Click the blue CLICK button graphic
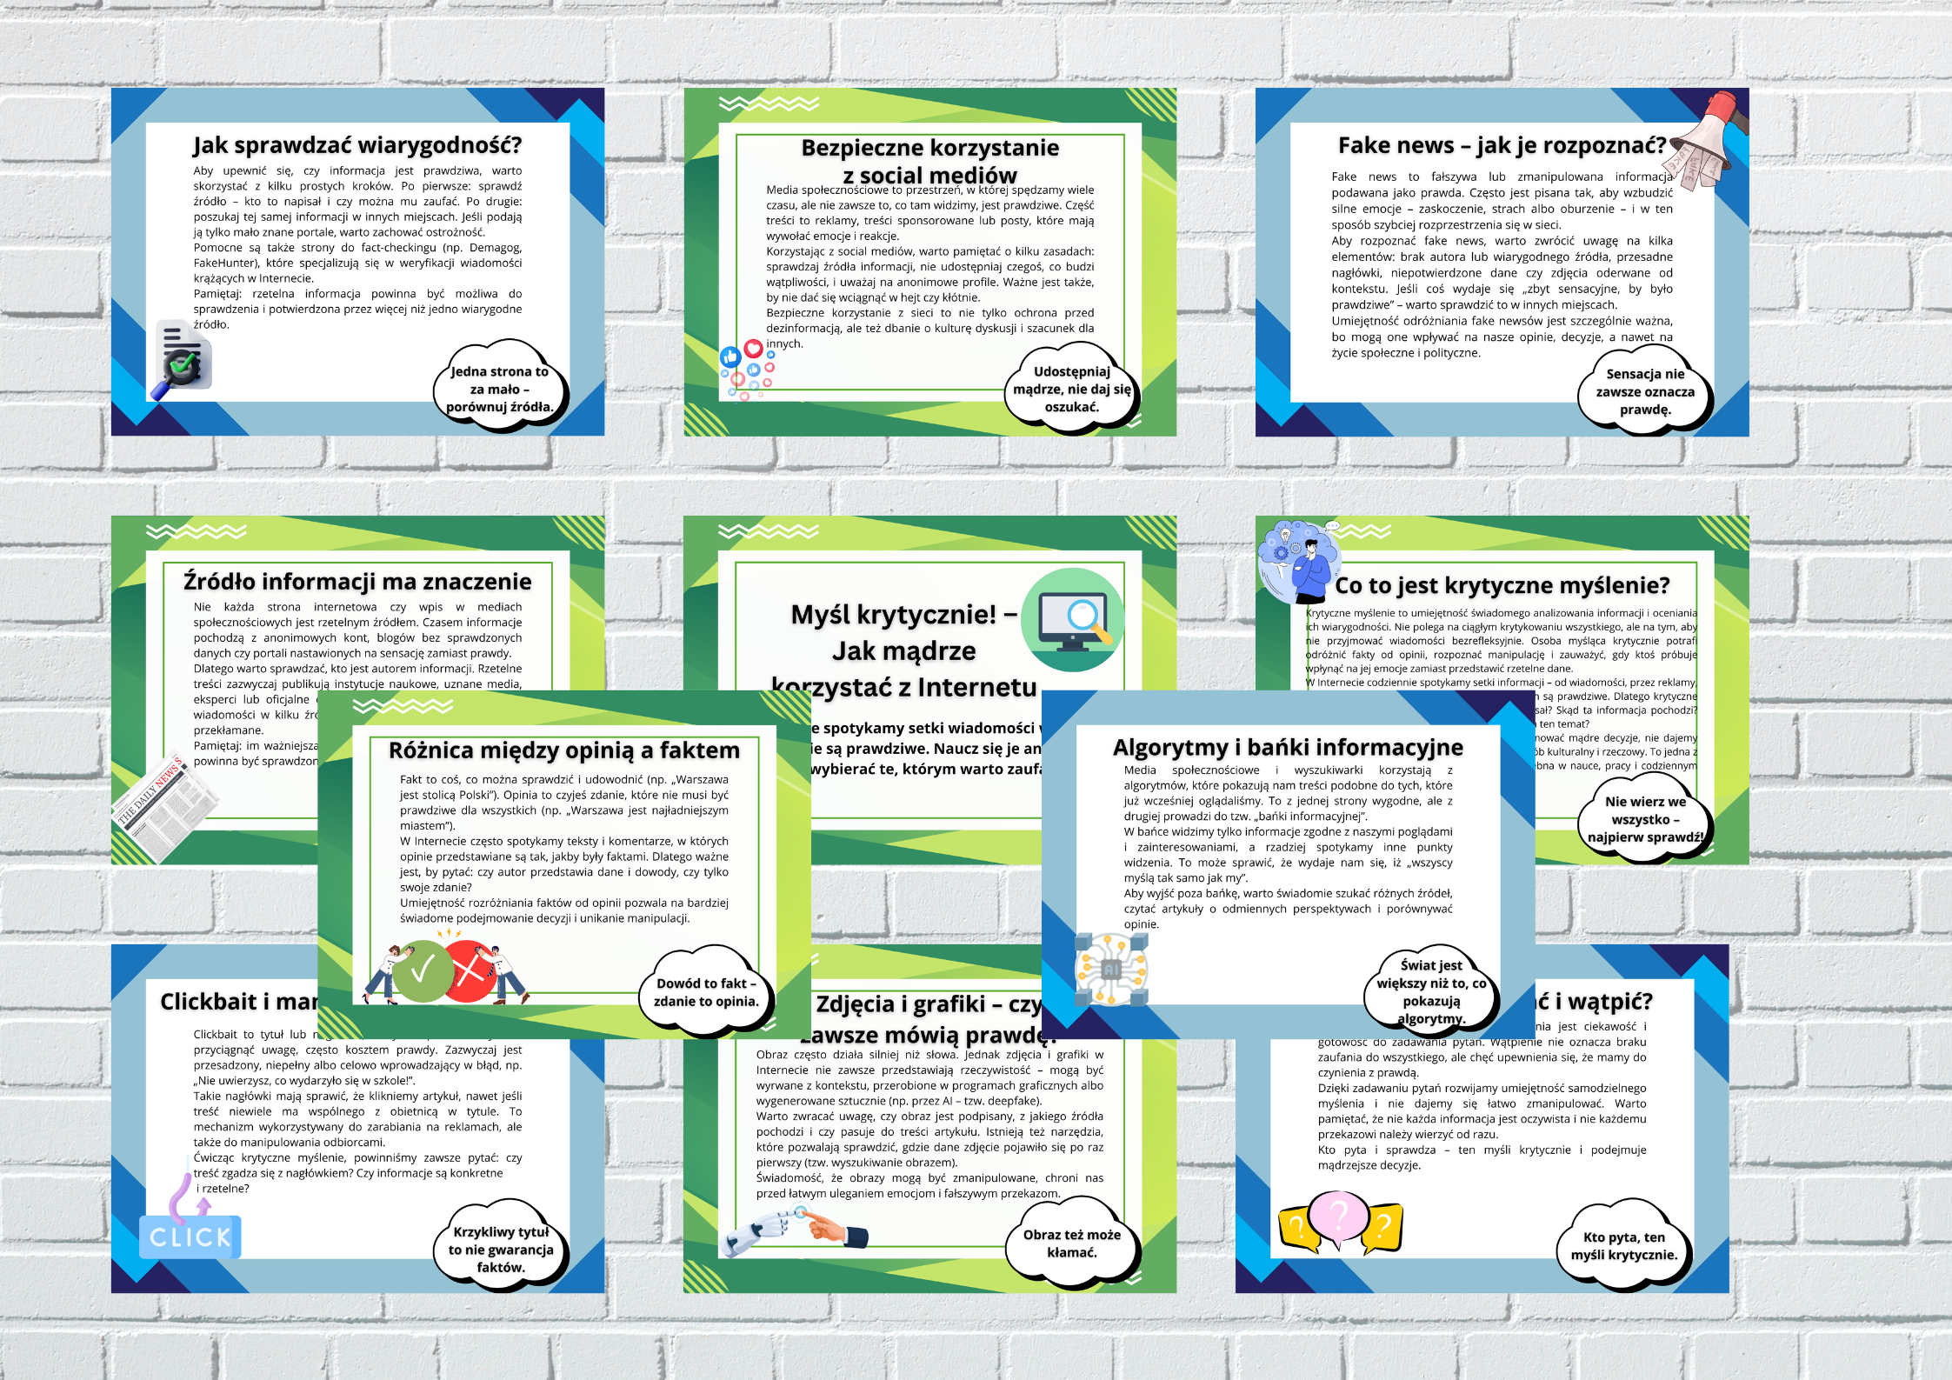pyautogui.click(x=190, y=1237)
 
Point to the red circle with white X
pyautogui.click(x=470, y=970)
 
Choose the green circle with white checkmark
pyautogui.click(x=423, y=970)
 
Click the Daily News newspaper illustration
pyautogui.click(x=165, y=804)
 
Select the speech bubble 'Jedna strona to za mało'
pyautogui.click(x=499, y=389)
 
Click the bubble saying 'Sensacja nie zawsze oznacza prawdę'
pyautogui.click(x=1644, y=391)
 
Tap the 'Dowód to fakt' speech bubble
pyautogui.click(x=705, y=992)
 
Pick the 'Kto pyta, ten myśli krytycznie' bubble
pyautogui.click(x=1622, y=1245)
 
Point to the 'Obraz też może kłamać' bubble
pyautogui.click(x=1071, y=1243)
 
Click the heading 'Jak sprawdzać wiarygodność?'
pyautogui.click(x=357, y=144)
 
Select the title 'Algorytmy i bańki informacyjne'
pyautogui.click(x=1288, y=747)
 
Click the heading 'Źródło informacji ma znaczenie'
pyautogui.click(x=357, y=581)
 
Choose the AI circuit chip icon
pyautogui.click(x=1111, y=969)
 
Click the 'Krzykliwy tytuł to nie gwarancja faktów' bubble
pyautogui.click(x=501, y=1250)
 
